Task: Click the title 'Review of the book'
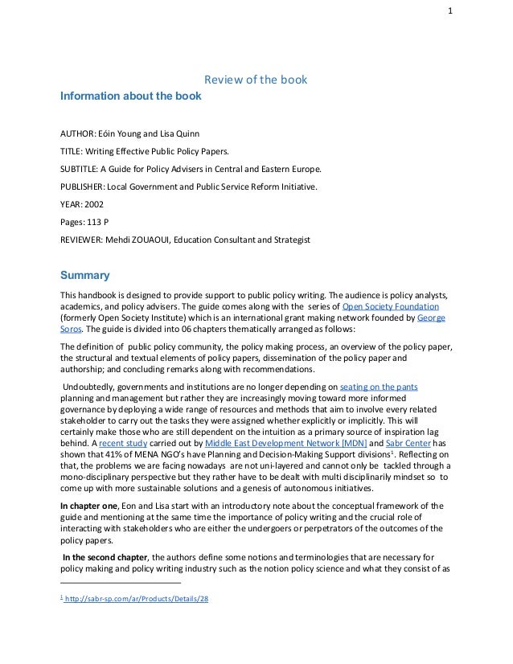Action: click(x=256, y=80)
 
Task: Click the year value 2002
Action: click(x=93, y=203)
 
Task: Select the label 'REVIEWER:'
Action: click(x=84, y=240)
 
